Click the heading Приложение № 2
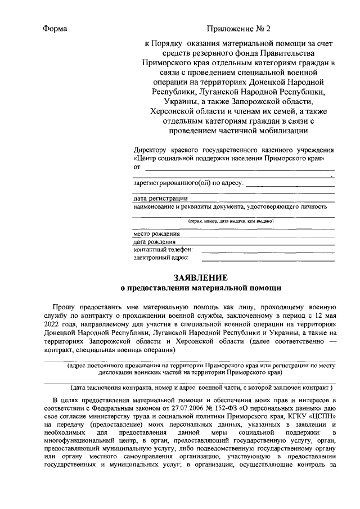238,29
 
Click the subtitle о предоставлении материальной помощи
201,288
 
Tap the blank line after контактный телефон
268,249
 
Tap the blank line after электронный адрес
268,259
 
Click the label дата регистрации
160,199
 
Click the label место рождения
156,233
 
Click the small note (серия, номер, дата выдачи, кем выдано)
231,222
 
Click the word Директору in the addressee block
150,150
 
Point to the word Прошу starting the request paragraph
66,308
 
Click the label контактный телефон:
163,249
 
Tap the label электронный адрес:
161,258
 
